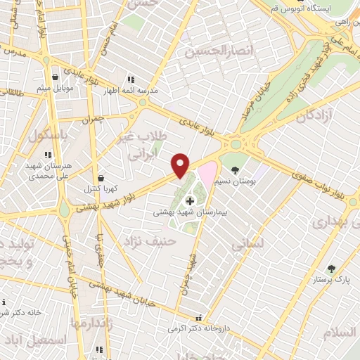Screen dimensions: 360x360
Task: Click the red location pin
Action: click(181, 165)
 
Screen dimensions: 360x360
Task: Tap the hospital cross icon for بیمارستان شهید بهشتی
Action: click(189, 201)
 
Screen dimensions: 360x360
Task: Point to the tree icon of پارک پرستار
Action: click(331, 268)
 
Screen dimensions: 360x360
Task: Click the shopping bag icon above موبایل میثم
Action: click(54, 77)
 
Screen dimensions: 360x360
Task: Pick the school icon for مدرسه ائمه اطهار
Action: click(130, 80)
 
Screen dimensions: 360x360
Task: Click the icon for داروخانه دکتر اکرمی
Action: click(199, 317)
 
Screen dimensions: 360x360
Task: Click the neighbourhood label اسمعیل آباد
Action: click(34, 340)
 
